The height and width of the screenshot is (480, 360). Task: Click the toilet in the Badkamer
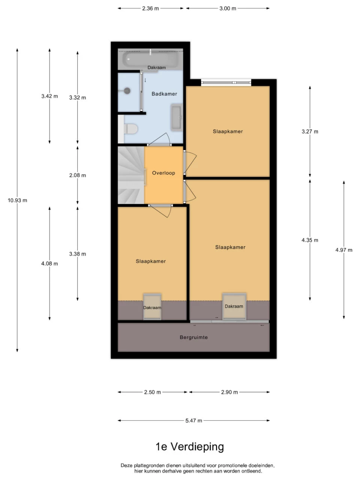(130, 129)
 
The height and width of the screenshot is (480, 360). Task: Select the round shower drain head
(127, 90)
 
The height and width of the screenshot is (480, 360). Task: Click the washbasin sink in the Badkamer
(177, 117)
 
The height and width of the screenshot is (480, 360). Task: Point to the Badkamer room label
(164, 94)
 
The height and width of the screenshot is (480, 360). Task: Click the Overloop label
(163, 173)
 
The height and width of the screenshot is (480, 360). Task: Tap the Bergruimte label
(193, 337)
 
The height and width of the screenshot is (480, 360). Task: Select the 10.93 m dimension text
(18, 200)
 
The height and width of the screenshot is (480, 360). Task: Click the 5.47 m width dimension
(193, 420)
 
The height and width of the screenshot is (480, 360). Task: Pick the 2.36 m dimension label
(150, 9)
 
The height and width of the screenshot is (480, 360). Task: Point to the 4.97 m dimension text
(344, 250)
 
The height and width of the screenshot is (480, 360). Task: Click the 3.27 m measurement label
(310, 132)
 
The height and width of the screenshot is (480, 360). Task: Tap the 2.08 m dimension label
(78, 175)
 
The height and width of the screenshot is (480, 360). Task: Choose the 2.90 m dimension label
(229, 392)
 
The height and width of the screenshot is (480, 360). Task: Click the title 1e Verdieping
(190, 447)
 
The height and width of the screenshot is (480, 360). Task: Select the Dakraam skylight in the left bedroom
(152, 307)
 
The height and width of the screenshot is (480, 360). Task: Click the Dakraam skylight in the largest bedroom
(234, 306)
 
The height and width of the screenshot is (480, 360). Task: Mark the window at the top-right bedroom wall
(226, 82)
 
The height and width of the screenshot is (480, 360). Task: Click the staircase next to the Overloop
(131, 175)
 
